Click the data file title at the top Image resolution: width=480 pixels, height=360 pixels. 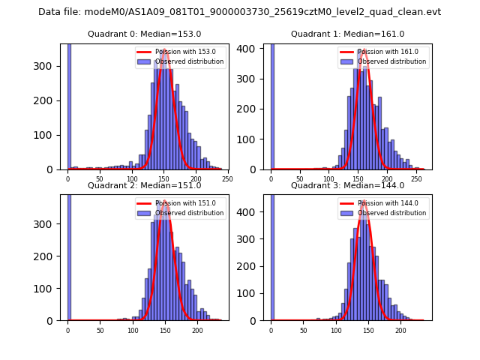tap(239, 12)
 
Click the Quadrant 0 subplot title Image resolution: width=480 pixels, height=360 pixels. tap(144, 34)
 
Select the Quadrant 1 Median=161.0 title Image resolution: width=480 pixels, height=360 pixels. tap(347, 34)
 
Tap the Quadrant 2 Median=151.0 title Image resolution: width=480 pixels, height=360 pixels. tap(144, 185)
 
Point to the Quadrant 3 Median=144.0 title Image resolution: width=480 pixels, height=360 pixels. tap(347, 185)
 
